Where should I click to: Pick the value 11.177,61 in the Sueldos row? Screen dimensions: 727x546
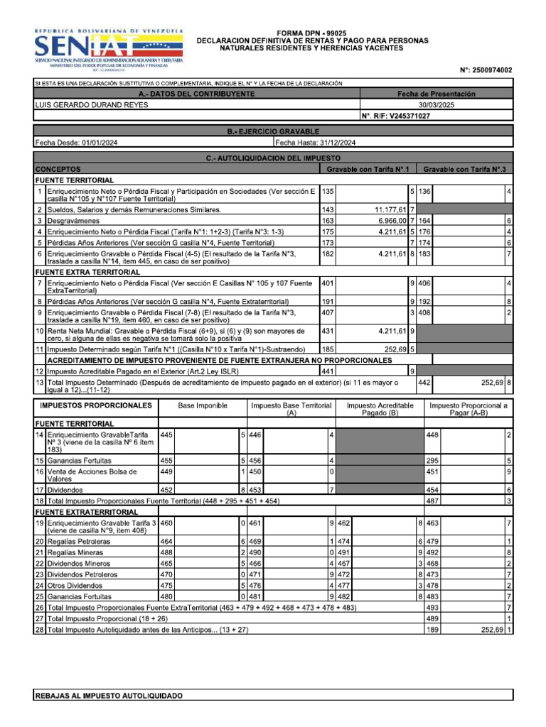pyautogui.click(x=390, y=209)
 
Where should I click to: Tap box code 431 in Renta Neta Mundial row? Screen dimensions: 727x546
pyautogui.click(x=328, y=331)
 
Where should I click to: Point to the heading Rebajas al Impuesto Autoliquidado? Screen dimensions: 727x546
pyautogui.click(x=108, y=696)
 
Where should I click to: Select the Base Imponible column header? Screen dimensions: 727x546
pyautogui.click(x=203, y=405)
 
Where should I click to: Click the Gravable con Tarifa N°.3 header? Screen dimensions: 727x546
pyautogui.click(x=464, y=170)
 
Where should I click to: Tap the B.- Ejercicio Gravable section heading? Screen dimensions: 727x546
pyautogui.click(x=273, y=131)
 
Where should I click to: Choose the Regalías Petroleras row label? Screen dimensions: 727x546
pyautogui.click(x=78, y=541)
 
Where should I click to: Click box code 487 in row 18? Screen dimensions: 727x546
pyautogui.click(x=432, y=501)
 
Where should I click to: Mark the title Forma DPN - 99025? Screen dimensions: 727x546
pyautogui.click(x=312, y=33)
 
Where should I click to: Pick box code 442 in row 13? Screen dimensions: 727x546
pyautogui.click(x=424, y=382)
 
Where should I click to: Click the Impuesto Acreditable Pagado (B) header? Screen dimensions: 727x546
pyautogui.click(x=380, y=409)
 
